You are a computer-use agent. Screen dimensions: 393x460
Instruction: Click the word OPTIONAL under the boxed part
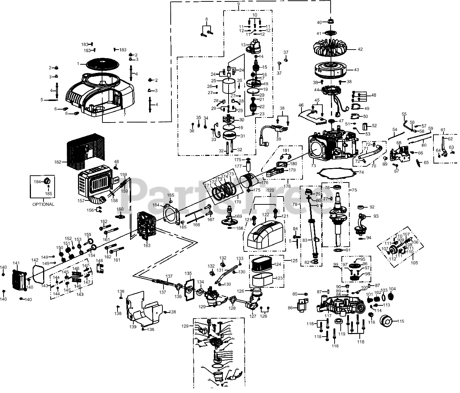click(43, 204)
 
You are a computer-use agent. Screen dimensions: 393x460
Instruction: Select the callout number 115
click(401, 321)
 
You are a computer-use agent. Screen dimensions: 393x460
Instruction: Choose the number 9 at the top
click(238, 4)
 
